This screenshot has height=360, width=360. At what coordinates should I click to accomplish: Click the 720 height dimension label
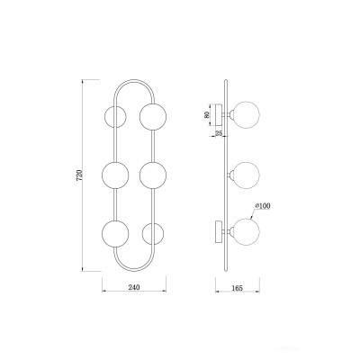79,175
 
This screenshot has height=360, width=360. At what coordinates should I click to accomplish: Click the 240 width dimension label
134,287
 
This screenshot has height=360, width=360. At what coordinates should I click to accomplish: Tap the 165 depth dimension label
237,288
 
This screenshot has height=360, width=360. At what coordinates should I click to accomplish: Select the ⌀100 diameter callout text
263,206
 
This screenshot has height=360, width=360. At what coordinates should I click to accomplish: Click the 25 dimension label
219,133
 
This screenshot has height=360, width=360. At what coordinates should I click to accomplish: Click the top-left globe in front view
115,117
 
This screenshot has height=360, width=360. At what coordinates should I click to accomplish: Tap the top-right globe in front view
153,117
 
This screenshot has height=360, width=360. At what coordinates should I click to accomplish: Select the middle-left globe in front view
115,175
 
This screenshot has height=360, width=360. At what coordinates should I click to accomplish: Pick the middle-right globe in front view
153,175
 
